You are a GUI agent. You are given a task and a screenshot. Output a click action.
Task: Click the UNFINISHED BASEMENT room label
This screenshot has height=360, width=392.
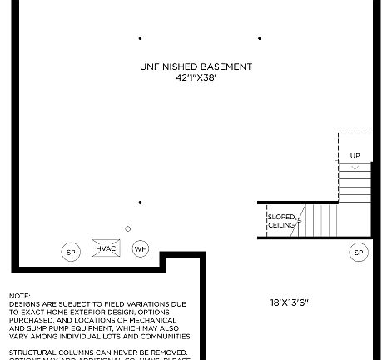click(196, 67)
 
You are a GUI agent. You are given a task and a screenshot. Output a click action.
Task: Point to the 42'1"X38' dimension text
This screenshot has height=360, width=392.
click(196, 77)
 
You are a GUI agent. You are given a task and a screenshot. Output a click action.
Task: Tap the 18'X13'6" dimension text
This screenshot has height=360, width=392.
click(290, 302)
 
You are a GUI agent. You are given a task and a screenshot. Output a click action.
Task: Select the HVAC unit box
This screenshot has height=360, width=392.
click(106, 248)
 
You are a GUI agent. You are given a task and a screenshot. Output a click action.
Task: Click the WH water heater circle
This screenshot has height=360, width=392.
click(141, 249)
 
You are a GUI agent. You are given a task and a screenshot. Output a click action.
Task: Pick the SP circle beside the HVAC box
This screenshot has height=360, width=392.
click(71, 252)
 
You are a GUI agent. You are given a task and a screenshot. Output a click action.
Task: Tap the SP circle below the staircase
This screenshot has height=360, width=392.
click(359, 252)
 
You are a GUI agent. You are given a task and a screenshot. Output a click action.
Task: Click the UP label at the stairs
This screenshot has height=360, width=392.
click(355, 156)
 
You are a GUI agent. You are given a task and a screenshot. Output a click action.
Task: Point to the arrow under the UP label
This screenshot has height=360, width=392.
click(355, 166)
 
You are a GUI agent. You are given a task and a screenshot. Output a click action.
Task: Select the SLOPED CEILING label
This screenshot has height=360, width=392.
click(281, 221)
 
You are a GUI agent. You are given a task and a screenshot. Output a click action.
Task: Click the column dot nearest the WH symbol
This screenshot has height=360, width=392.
click(140, 202)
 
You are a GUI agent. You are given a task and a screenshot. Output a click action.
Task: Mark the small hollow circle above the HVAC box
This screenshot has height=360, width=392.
click(127, 229)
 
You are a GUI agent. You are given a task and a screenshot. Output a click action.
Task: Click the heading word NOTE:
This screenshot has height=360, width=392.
click(20, 296)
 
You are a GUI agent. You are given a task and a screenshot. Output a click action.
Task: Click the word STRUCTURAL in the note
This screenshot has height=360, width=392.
click(32, 352)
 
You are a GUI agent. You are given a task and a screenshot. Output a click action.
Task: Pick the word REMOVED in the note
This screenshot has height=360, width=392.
click(172, 352)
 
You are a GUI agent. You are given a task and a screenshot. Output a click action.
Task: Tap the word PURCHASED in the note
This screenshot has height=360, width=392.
click(32, 320)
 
